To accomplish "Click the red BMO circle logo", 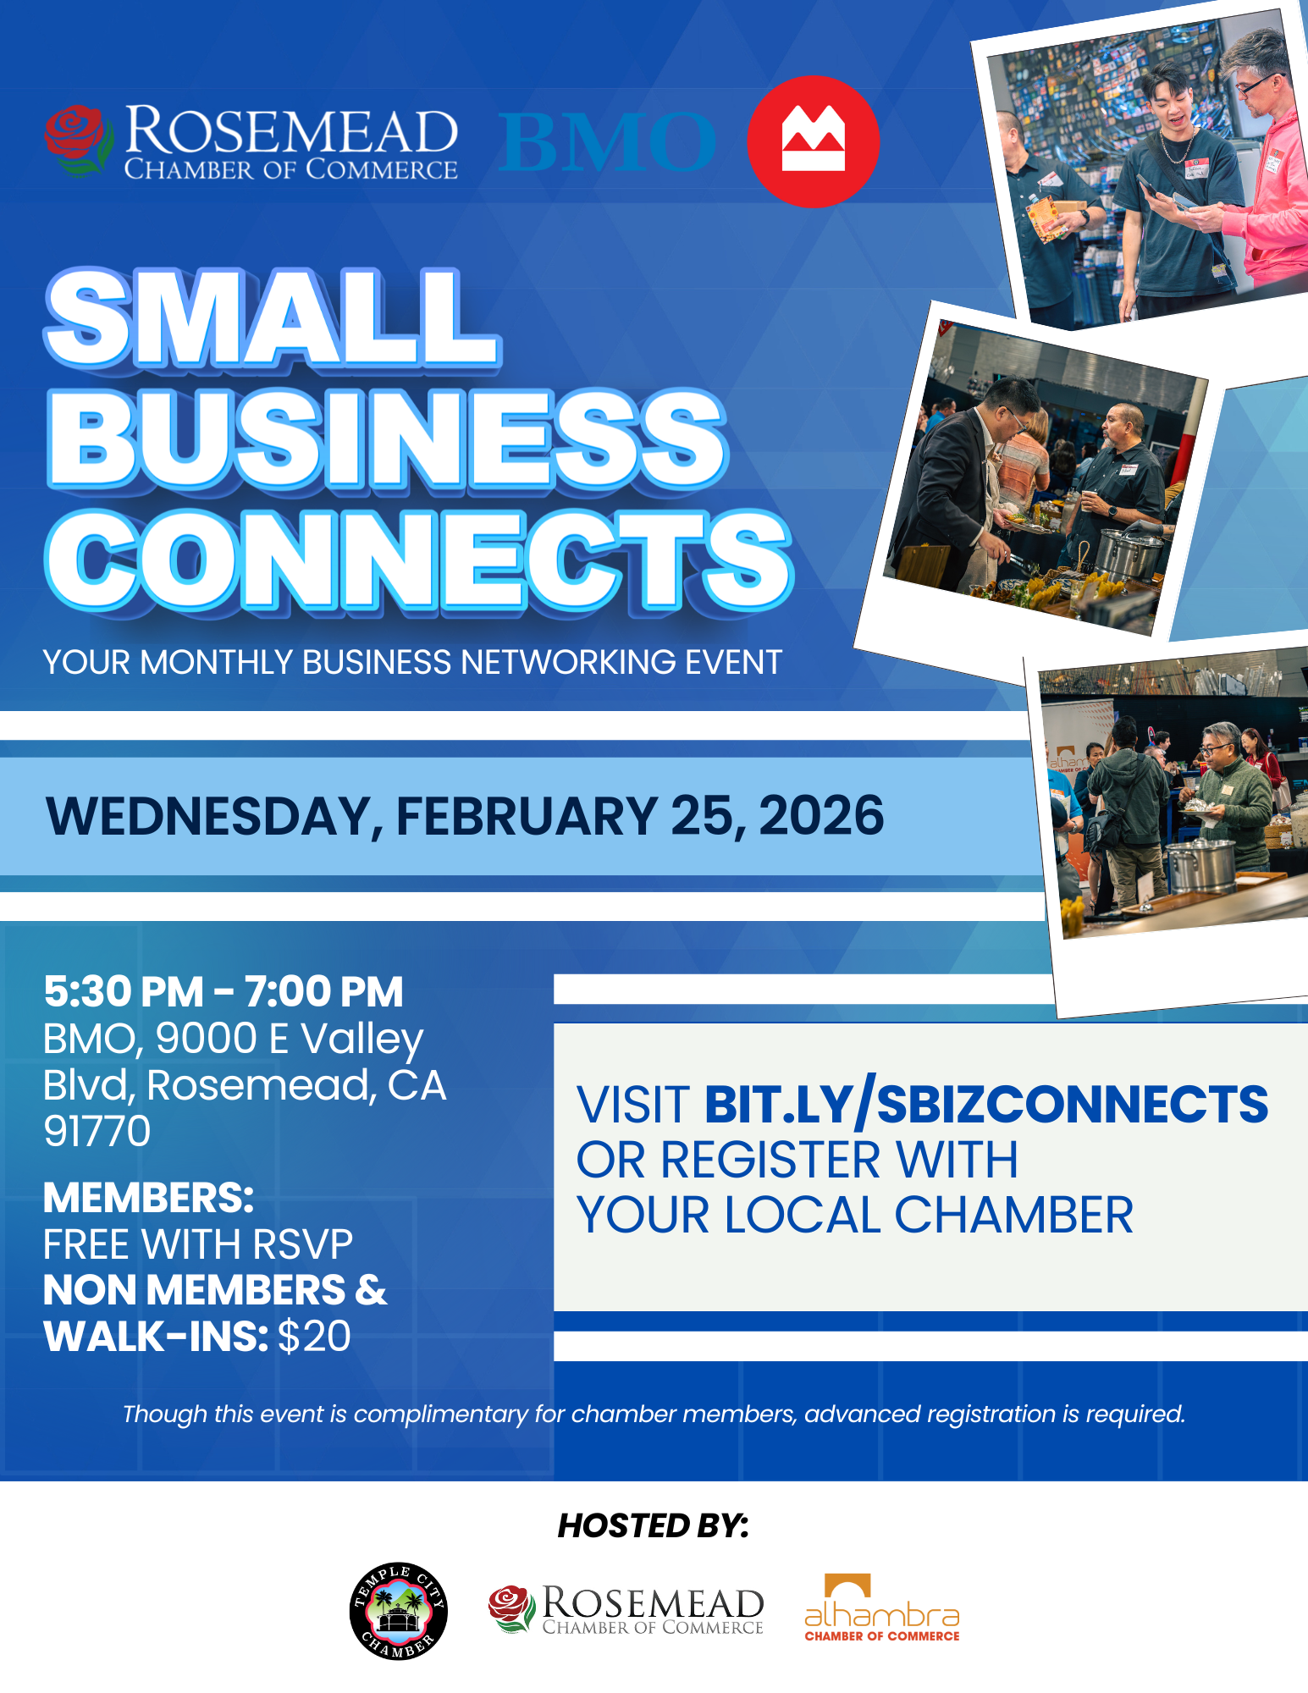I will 813,141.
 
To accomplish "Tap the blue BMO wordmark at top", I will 607,142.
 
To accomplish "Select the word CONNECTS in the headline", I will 418,560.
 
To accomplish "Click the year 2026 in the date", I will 820,816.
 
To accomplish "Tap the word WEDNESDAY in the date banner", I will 208,816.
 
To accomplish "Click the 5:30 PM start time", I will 124,991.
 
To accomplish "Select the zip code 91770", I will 97,1131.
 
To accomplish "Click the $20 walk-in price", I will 314,1337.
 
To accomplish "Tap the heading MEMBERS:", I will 148,1198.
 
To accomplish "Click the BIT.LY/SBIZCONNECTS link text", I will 986,1105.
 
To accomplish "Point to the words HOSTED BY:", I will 653,1525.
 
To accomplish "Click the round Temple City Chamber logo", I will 398,1611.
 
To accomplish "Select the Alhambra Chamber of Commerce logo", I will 881,1609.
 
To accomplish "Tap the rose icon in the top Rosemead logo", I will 78,140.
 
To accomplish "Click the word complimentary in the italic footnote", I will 441,1414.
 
